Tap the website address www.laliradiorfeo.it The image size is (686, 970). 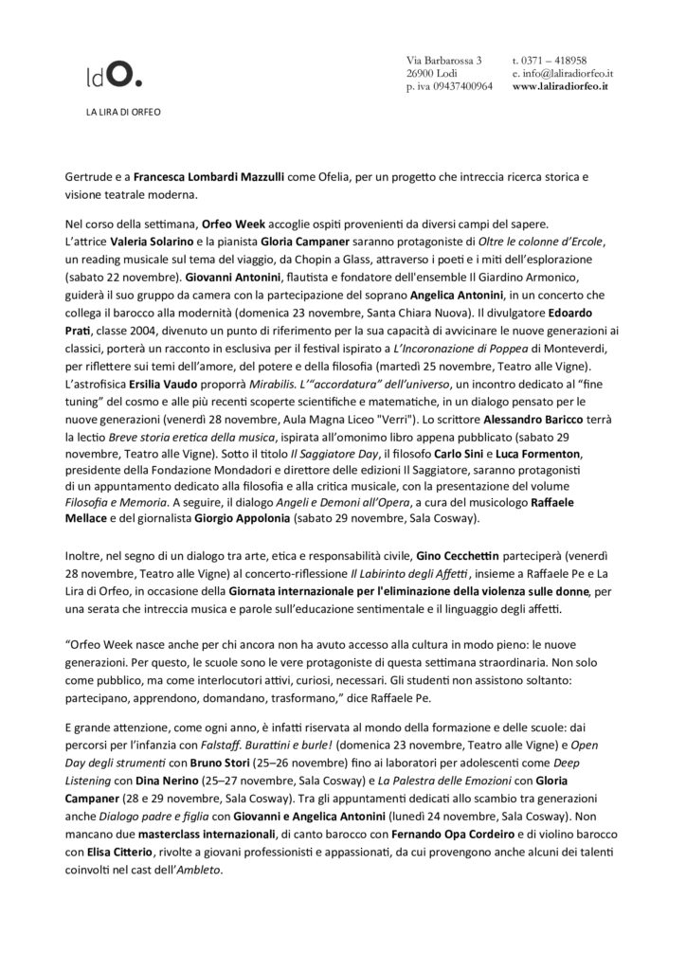point(560,86)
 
